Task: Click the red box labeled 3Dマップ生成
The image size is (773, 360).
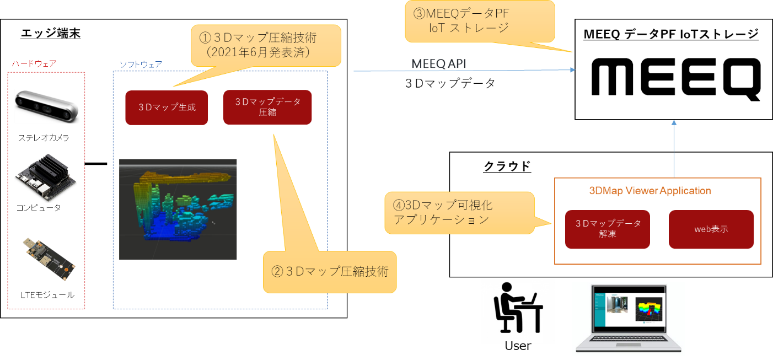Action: click(x=167, y=108)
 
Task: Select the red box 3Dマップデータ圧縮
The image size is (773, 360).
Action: click(x=267, y=107)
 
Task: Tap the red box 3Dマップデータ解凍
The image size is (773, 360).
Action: click(x=608, y=229)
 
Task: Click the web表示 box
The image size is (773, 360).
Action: click(x=711, y=229)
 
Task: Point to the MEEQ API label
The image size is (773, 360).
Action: click(x=439, y=64)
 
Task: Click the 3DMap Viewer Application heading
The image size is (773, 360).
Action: click(x=650, y=191)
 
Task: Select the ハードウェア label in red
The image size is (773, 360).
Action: click(x=34, y=64)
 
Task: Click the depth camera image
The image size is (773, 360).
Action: click(x=47, y=106)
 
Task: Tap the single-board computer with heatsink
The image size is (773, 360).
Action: click(x=45, y=175)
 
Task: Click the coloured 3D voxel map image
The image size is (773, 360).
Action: click(x=178, y=209)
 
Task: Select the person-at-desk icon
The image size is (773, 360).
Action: click(x=517, y=310)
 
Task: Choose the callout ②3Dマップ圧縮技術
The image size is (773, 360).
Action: click(x=330, y=272)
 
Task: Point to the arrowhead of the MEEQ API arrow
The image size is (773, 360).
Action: click(x=573, y=70)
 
